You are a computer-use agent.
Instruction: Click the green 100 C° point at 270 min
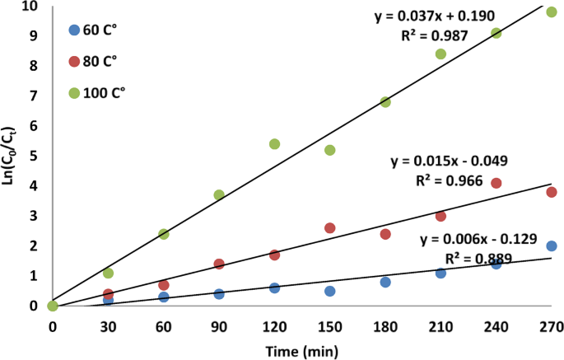(552, 12)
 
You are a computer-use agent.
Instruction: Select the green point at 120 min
(274, 144)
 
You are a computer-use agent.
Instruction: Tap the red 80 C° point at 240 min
(496, 183)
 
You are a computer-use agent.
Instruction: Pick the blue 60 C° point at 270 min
(552, 246)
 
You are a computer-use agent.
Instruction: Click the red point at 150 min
(329, 228)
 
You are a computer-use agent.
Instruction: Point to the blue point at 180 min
(385, 282)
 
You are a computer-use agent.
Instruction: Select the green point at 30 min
(108, 273)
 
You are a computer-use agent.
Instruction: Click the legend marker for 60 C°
(75, 30)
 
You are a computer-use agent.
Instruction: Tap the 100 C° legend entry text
(106, 92)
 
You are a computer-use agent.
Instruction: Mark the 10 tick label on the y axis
(30, 7)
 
